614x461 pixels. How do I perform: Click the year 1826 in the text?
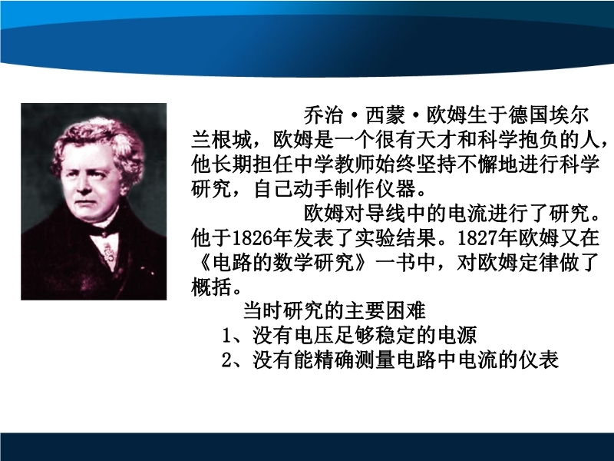click(253, 237)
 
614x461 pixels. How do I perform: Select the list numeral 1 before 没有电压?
click(226, 336)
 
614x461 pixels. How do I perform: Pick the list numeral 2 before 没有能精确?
click(226, 360)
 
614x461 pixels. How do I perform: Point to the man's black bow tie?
click(104, 232)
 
